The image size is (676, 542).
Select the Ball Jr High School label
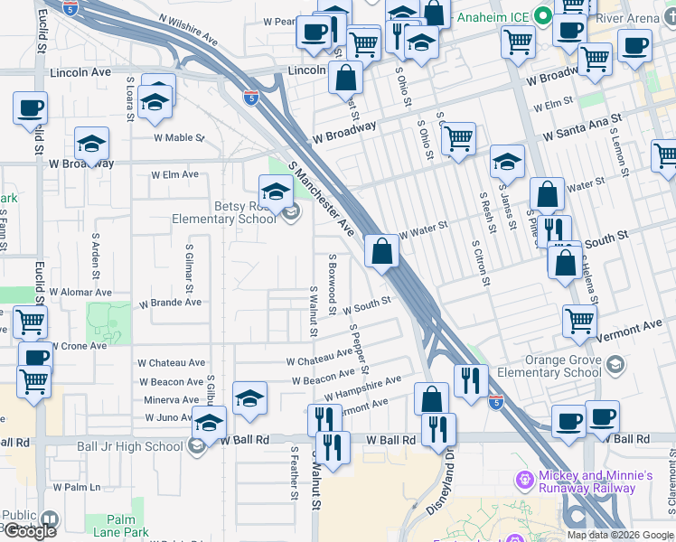144,445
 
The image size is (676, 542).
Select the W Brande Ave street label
170,303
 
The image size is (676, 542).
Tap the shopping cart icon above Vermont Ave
579,320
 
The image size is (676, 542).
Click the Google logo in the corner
29,531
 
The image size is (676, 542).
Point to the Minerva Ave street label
171,399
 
